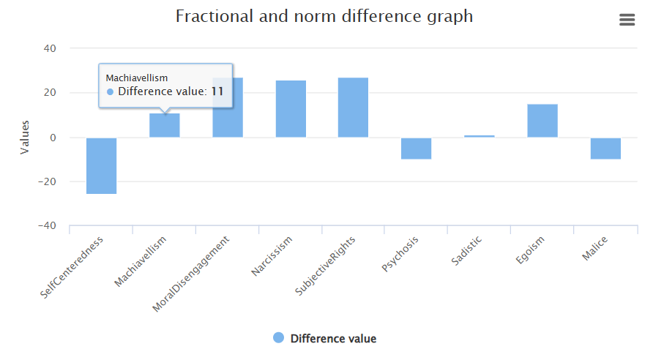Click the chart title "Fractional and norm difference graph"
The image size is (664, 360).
pyautogui.click(x=324, y=16)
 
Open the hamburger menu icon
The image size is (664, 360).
pyautogui.click(x=627, y=20)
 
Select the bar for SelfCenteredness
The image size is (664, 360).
pyautogui.click(x=101, y=166)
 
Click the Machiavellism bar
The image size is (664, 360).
pyautogui.click(x=165, y=126)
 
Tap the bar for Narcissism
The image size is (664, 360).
pyautogui.click(x=291, y=109)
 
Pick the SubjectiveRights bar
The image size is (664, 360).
pyautogui.click(x=353, y=108)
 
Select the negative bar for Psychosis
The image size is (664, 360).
pyautogui.click(x=416, y=149)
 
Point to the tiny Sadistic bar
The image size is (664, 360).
pyautogui.click(x=479, y=136)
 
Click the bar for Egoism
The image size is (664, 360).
pyautogui.click(x=542, y=121)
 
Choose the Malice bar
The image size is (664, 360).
pyautogui.click(x=605, y=149)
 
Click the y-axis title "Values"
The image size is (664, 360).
pyautogui.click(x=25, y=138)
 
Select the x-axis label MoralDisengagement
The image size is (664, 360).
pyautogui.click(x=193, y=274)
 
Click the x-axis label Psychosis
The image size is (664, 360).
pyautogui.click(x=401, y=254)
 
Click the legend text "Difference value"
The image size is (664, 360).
pyautogui.click(x=333, y=338)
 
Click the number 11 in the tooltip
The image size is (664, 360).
pyautogui.click(x=217, y=91)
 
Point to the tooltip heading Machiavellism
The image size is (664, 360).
pyautogui.click(x=137, y=78)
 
